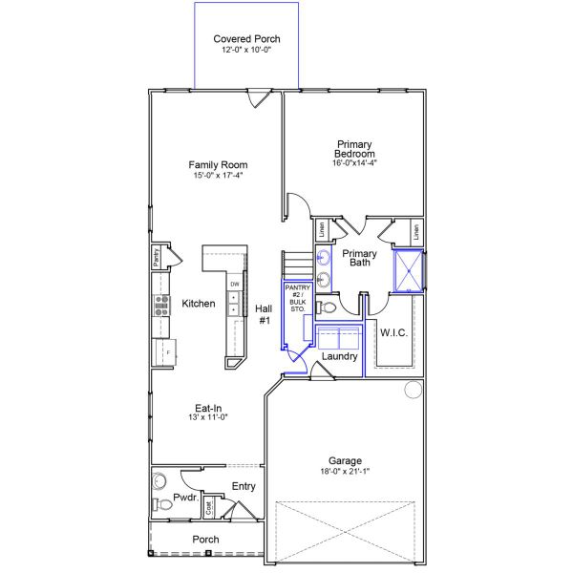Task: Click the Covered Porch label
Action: pos(246,39)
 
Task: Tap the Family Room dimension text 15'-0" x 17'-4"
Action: pos(218,175)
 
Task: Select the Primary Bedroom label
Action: pos(354,149)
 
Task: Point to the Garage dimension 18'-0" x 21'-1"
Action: pos(345,471)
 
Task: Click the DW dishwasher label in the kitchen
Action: pos(235,284)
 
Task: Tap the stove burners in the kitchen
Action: pos(161,306)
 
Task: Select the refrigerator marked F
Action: pos(165,352)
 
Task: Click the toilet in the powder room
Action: pos(162,504)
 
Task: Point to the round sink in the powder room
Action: pos(159,480)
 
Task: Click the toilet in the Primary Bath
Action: pos(326,308)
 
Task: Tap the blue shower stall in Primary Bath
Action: pos(409,271)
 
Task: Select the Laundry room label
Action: pos(339,356)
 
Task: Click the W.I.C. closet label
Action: pos(393,332)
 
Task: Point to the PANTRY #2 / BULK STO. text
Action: pos(297,298)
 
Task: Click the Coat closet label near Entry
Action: pos(208,507)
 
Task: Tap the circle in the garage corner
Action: pos(414,390)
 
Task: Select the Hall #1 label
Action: pos(264,314)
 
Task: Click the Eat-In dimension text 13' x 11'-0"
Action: pos(208,417)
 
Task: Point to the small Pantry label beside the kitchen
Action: pos(157,257)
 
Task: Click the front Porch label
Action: pos(205,540)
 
